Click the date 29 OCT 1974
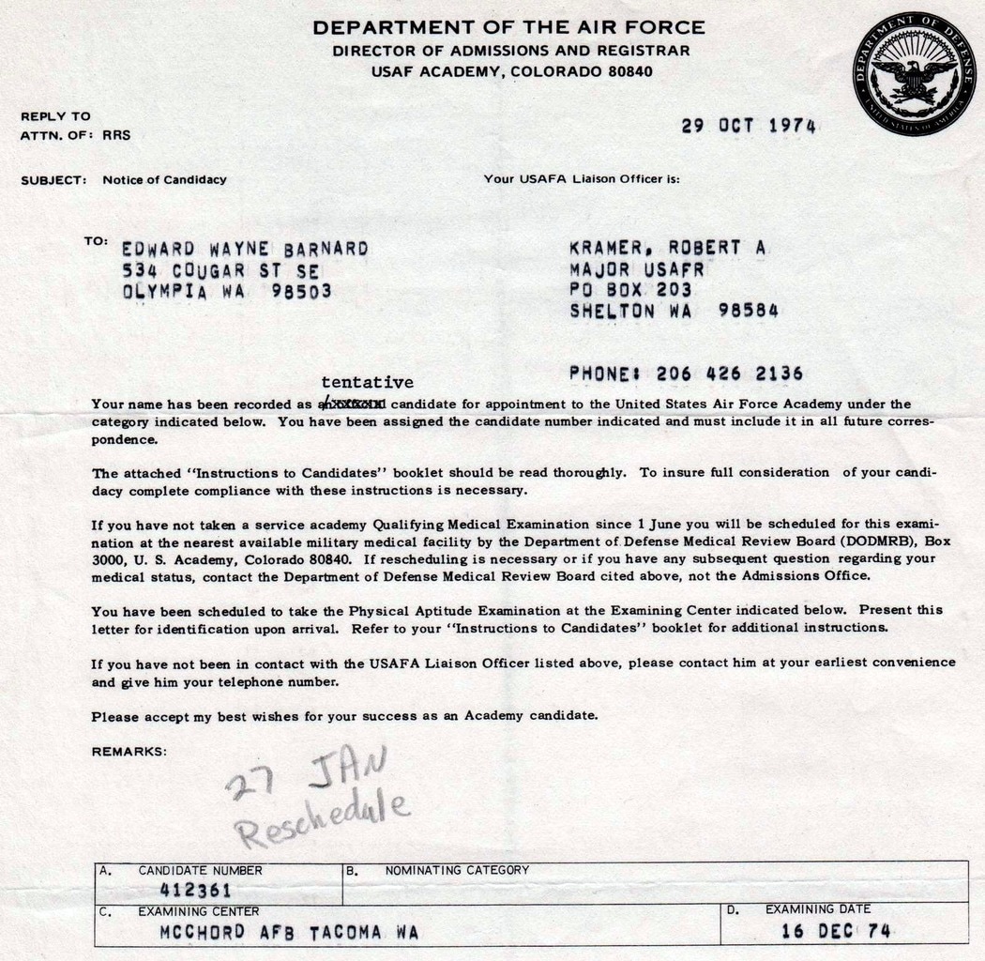coord(749,126)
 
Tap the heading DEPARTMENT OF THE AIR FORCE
coord(509,28)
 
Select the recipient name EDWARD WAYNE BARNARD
coord(245,249)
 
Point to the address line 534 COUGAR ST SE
coord(220,270)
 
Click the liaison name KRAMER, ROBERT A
coord(668,248)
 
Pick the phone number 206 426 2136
coord(729,374)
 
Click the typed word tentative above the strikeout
coord(367,382)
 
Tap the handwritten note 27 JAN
coord(305,775)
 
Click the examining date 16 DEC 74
coord(835,931)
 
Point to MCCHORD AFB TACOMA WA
coord(288,932)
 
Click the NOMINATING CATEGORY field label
coord(457,870)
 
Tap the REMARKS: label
coord(129,751)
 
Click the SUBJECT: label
coord(54,179)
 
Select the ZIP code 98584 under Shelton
coord(748,312)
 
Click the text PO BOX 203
coord(630,290)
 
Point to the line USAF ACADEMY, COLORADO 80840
coord(511,71)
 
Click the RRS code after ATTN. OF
coord(116,135)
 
